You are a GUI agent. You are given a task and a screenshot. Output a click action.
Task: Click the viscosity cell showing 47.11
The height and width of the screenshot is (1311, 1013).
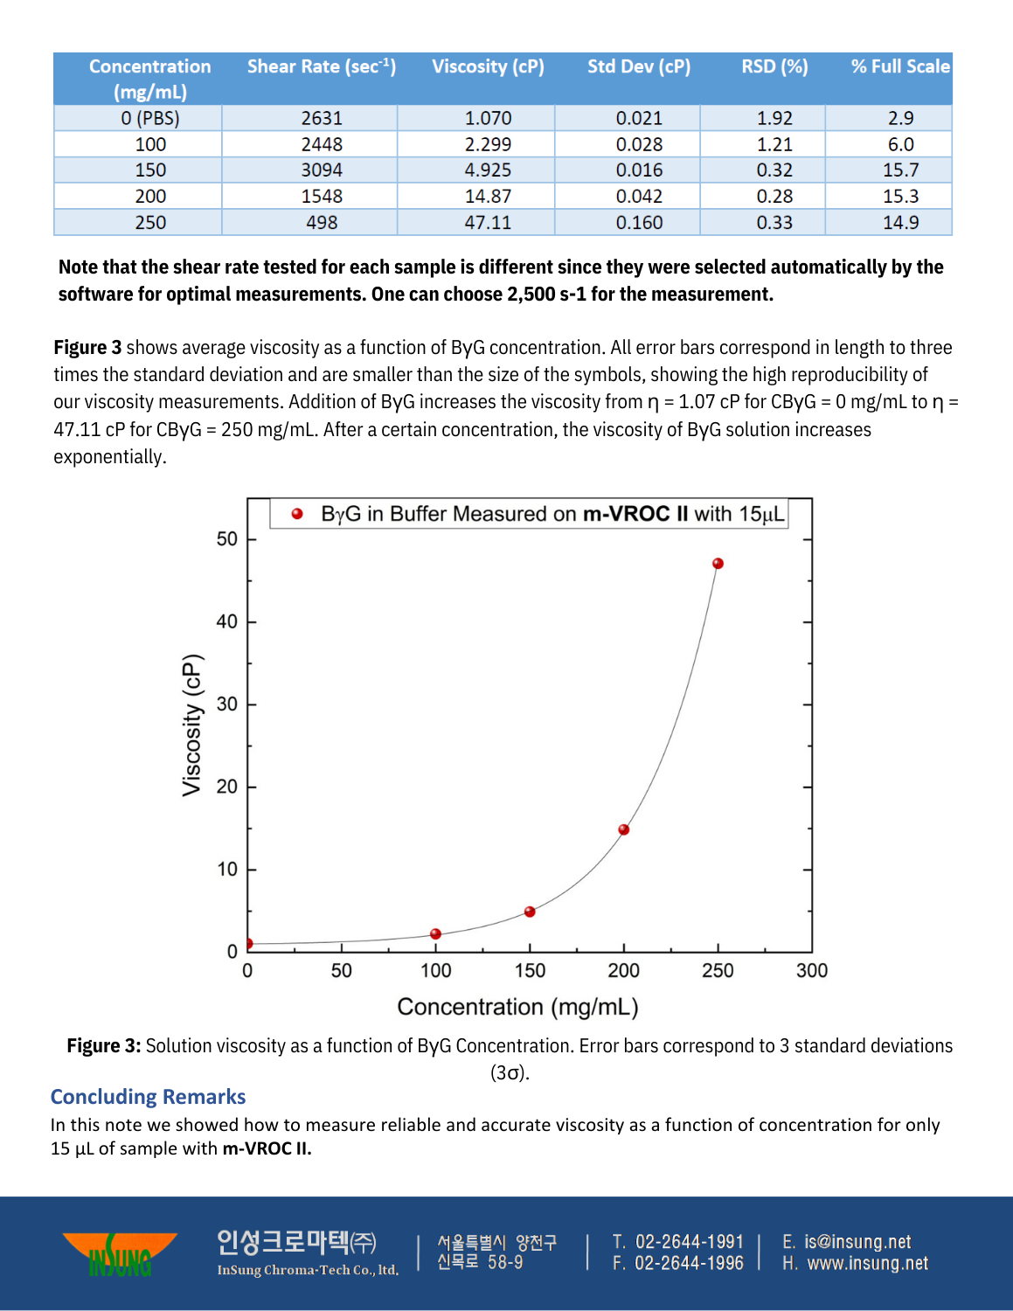tap(488, 223)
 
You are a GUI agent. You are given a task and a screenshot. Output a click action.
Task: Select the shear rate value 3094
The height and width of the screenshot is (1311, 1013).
tap(322, 170)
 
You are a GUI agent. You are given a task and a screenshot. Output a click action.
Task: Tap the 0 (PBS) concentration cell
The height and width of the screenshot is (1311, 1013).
tap(150, 118)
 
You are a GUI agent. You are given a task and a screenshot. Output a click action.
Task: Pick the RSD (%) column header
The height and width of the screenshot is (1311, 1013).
tap(774, 66)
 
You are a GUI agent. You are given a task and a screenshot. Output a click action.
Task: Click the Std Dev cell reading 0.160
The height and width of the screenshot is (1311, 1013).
tap(639, 223)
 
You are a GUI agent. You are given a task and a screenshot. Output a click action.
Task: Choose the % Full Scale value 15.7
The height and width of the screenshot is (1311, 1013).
tap(900, 170)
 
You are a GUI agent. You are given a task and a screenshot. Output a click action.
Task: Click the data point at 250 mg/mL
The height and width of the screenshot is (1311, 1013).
tap(718, 564)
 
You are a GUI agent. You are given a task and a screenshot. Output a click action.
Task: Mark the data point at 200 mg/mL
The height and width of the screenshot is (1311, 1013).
tap(624, 829)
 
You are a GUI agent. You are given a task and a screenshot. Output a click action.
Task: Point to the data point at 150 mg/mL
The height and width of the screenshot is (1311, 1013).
tap(530, 912)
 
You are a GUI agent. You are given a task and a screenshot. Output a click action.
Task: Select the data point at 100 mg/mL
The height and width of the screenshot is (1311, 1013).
tap(436, 934)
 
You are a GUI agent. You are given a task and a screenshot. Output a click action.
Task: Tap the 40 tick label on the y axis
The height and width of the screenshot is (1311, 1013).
tap(226, 621)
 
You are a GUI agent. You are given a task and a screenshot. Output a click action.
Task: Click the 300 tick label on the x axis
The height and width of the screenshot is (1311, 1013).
tap(812, 971)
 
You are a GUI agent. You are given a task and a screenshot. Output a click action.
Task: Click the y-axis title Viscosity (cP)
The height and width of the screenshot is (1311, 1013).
tap(191, 725)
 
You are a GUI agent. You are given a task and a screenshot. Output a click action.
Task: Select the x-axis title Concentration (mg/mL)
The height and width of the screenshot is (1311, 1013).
tap(517, 1007)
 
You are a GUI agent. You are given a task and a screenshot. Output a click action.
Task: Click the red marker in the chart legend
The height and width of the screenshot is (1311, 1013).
tap(297, 514)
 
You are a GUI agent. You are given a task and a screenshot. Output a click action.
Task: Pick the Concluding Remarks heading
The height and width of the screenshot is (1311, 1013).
tap(148, 1097)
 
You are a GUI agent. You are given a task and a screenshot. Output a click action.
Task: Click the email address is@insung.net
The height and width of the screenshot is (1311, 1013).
tap(857, 1242)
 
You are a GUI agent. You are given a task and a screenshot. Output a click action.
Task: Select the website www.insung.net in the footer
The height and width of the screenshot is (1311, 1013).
tap(867, 1264)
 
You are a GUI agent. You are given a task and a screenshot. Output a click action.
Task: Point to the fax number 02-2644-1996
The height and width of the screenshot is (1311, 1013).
tap(689, 1264)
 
